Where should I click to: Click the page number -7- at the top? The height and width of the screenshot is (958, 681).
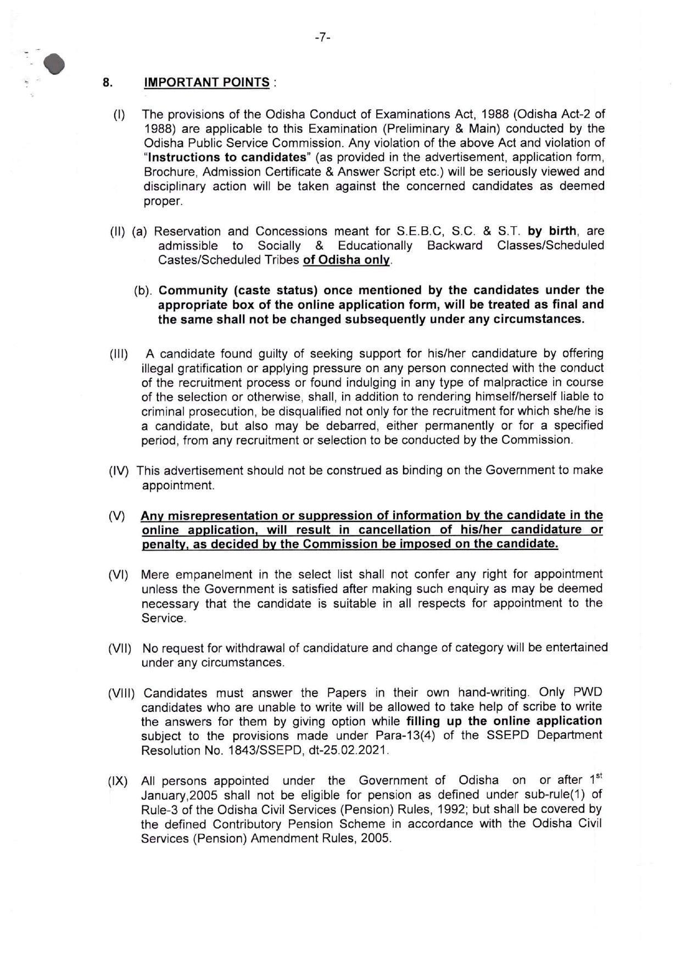pyautogui.click(x=322, y=37)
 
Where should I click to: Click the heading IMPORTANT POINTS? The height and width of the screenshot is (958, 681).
pyautogui.click(x=206, y=82)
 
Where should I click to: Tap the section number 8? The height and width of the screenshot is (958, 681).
pyautogui.click(x=108, y=82)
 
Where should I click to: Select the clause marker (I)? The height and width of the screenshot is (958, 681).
pyautogui.click(x=119, y=115)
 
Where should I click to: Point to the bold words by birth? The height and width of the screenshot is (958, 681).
pyautogui.click(x=552, y=231)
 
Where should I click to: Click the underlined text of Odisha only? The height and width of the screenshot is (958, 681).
pyautogui.click(x=347, y=260)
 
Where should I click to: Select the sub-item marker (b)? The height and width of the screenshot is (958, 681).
pyautogui.click(x=143, y=291)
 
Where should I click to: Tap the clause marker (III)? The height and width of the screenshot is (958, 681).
pyautogui.click(x=119, y=354)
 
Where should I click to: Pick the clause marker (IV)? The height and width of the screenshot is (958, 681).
pyautogui.click(x=119, y=471)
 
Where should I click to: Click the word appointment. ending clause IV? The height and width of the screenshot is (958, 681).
pyautogui.click(x=178, y=486)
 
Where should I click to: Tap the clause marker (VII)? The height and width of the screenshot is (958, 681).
pyautogui.click(x=120, y=648)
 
